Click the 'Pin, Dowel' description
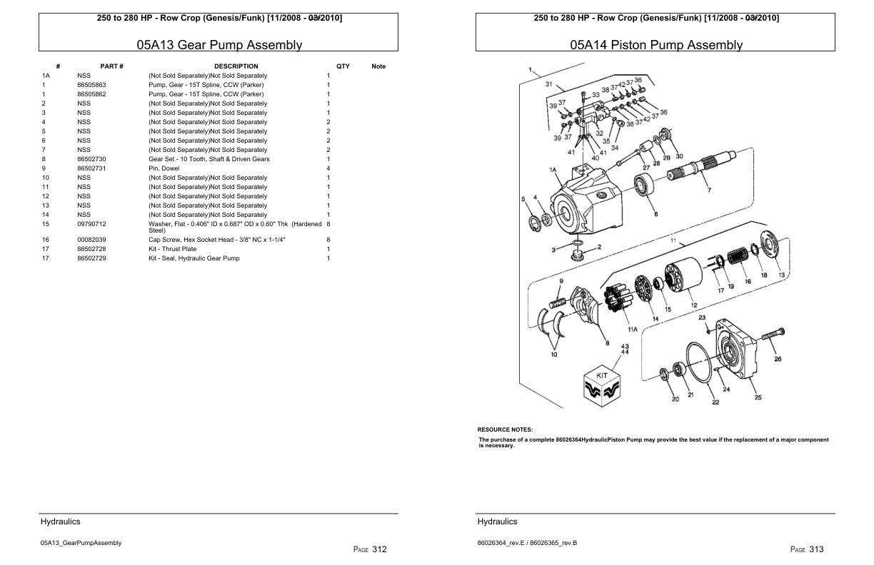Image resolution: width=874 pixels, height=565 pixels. [164, 168]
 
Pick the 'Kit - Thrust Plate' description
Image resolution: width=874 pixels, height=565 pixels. [172, 249]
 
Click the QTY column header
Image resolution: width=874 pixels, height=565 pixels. [343, 66]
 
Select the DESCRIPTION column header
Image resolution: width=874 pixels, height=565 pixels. [236, 66]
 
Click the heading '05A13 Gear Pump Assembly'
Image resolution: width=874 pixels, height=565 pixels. [219, 45]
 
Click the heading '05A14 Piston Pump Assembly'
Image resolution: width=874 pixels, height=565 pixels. [655, 45]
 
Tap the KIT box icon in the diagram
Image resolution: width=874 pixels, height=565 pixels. [601, 385]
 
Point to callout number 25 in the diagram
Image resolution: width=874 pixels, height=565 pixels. [758, 397]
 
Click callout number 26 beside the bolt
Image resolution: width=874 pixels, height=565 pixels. [778, 359]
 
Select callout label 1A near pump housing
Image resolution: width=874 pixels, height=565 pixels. [553, 170]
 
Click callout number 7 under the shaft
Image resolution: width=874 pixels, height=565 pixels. [708, 190]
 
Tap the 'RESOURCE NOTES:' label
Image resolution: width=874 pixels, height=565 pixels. [505, 429]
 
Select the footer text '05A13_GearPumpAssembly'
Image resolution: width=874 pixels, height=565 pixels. [81, 543]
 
